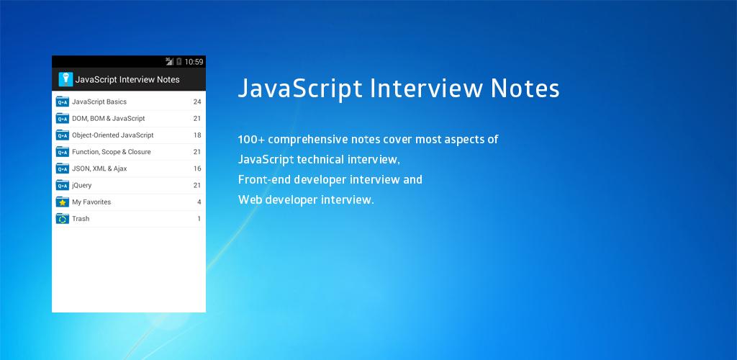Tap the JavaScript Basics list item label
(x=99, y=102)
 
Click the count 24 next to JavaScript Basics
(x=197, y=102)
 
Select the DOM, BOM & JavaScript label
(x=109, y=118)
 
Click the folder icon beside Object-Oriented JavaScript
(x=63, y=135)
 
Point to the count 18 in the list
(x=197, y=135)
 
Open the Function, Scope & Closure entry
(x=112, y=152)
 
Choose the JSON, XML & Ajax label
(x=99, y=168)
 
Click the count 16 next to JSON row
(x=197, y=168)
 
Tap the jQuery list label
(x=82, y=185)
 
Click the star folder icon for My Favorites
(x=63, y=202)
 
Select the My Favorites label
(x=91, y=202)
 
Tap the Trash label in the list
(x=81, y=219)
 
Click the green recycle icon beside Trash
(x=63, y=219)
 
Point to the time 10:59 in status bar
(x=194, y=62)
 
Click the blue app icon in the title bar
(x=65, y=79)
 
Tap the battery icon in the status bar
(x=179, y=62)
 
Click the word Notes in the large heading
(x=525, y=89)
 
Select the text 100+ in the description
(x=250, y=140)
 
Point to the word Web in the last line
(x=250, y=199)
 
